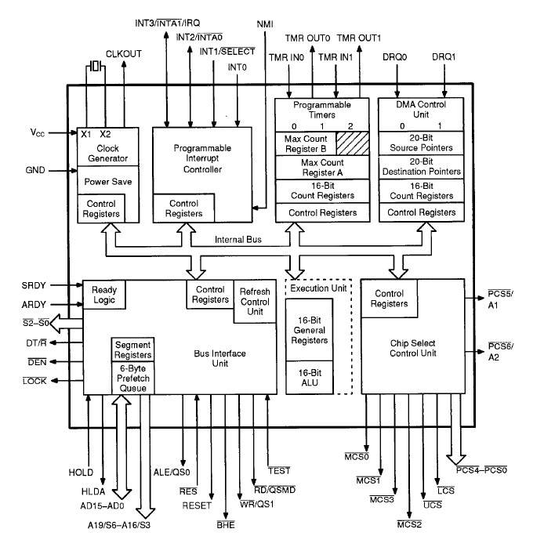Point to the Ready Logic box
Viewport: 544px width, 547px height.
pos(104,294)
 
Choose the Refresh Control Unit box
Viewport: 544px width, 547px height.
pos(254,302)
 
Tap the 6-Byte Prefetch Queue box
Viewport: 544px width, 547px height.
pos(132,379)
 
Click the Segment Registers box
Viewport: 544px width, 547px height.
pos(132,350)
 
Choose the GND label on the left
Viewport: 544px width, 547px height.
pos(35,169)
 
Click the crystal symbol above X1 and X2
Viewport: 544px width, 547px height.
pos(96,66)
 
